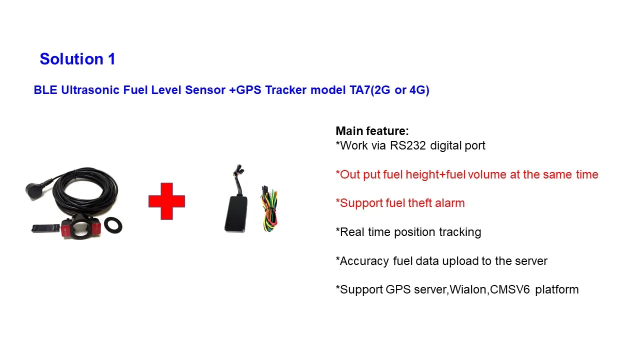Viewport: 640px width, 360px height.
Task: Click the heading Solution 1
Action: click(77, 59)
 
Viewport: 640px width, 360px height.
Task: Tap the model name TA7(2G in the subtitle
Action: click(367, 90)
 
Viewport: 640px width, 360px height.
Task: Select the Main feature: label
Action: click(372, 131)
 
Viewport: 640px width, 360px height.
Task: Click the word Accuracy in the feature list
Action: click(364, 261)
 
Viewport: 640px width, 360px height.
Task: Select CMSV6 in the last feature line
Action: click(509, 290)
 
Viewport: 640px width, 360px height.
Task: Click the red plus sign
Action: click(166, 201)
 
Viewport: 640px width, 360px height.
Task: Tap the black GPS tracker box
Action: click(235, 212)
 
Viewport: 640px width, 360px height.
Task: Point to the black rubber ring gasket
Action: click(113, 225)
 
